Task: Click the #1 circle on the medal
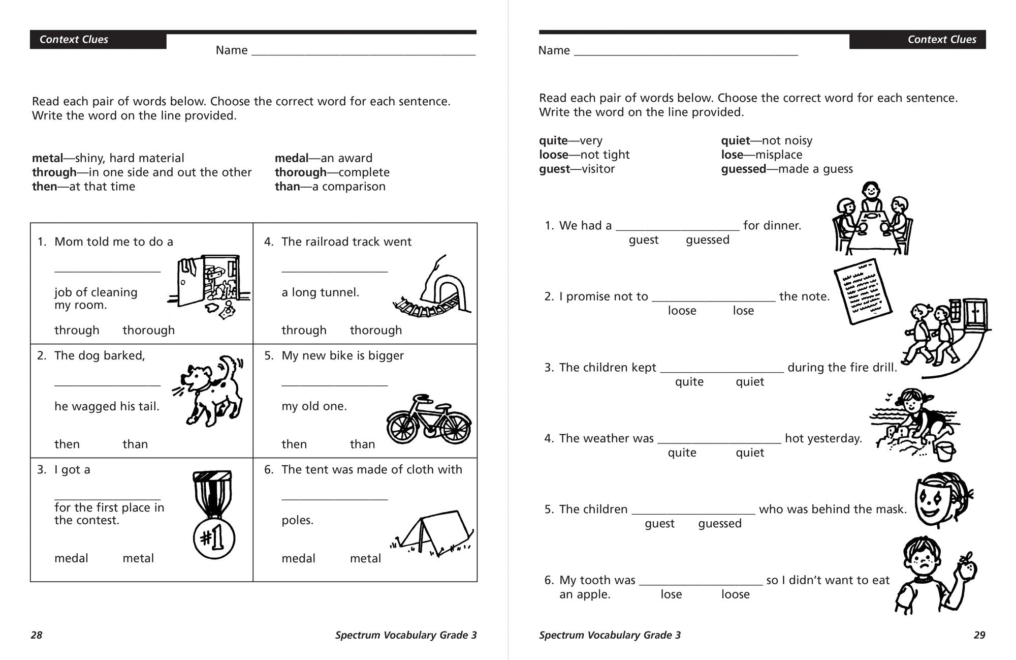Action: (214, 538)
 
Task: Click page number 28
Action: (37, 635)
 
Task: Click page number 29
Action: (979, 635)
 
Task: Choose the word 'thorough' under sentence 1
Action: (148, 330)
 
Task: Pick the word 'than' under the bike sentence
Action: (362, 444)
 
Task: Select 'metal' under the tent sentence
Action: (365, 558)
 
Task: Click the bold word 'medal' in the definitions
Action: (292, 158)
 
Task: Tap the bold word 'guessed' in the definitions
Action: (743, 169)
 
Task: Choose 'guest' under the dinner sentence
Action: (643, 240)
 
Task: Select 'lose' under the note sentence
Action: (743, 311)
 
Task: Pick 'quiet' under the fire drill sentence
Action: (750, 382)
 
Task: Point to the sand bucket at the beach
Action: (945, 452)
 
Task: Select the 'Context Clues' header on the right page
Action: (941, 40)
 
